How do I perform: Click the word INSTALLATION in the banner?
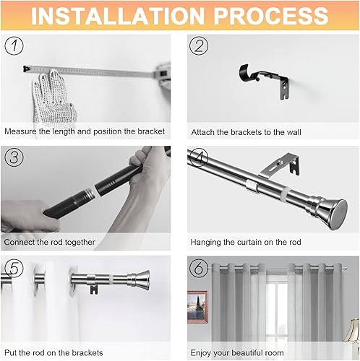(118, 16)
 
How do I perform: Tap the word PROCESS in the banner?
(271, 16)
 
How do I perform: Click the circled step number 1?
(14, 45)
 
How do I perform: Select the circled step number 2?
(199, 45)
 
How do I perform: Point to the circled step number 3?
(14, 157)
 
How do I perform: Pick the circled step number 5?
(14, 268)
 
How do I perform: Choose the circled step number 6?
(199, 268)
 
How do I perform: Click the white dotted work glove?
(53, 99)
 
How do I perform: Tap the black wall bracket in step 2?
(264, 82)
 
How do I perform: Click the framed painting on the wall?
(197, 307)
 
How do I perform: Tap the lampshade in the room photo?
(353, 330)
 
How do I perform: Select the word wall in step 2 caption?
(293, 132)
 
